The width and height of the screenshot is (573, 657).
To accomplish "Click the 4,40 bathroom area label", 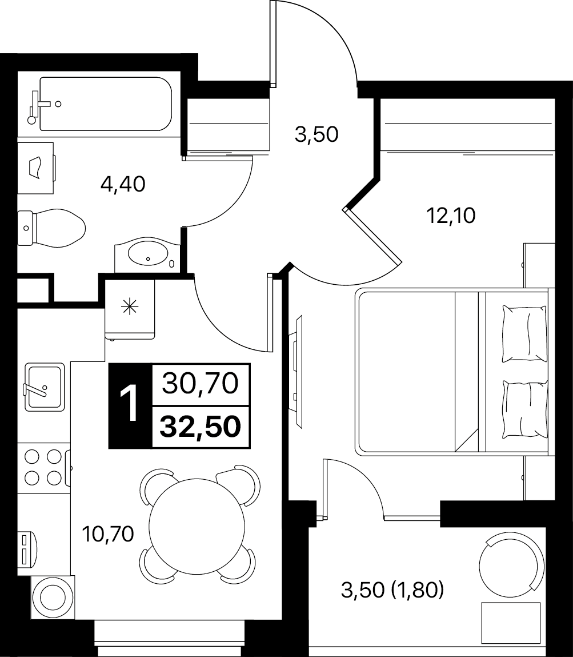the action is click(123, 184).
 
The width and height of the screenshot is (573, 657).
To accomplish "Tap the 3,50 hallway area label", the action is click(316, 135).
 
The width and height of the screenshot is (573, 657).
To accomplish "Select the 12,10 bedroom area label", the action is click(451, 216).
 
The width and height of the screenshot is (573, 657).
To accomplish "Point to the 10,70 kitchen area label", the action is click(108, 534).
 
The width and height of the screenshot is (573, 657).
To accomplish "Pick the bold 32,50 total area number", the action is click(201, 427).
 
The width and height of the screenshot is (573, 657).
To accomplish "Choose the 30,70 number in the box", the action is click(201, 384).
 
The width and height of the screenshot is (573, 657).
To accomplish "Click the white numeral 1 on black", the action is click(129, 405).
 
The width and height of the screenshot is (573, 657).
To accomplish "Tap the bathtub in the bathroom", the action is click(106, 104).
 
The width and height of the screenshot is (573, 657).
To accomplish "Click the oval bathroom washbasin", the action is click(148, 253).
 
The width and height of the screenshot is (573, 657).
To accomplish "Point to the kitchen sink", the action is click(45, 387).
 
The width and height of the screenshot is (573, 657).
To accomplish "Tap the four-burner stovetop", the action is click(43, 467).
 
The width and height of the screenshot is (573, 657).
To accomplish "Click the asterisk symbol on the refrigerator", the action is click(129, 308).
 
